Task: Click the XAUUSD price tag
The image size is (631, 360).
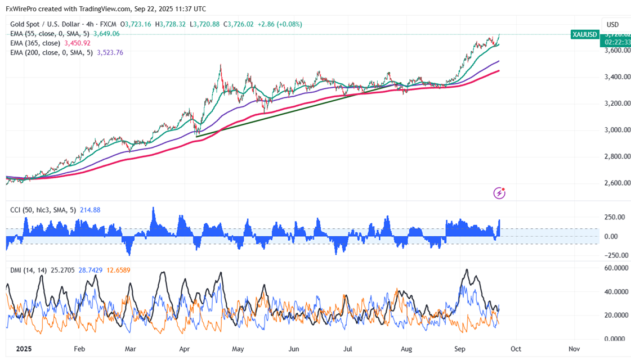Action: pos(584,34)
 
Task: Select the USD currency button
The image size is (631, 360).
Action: pos(612,24)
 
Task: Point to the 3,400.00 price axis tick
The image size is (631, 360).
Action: pos(613,77)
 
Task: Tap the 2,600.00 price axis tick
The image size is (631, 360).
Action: pos(613,183)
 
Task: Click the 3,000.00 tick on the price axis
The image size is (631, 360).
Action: pos(613,130)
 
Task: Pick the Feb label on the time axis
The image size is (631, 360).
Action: pos(79,349)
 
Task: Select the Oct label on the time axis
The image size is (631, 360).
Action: pos(516,349)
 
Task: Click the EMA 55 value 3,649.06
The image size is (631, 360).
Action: pos(106,33)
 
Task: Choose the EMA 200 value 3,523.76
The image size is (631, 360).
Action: pos(110,52)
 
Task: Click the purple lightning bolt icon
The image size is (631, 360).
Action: pos(499,193)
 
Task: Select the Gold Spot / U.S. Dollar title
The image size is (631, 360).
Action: pos(45,24)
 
